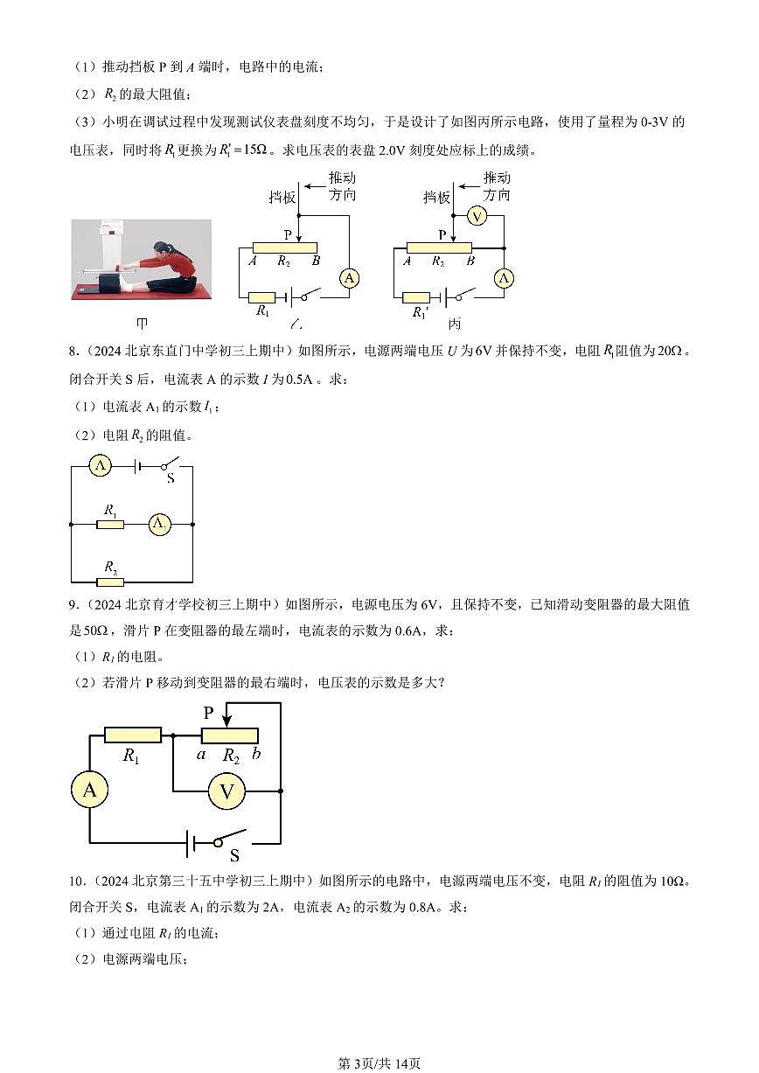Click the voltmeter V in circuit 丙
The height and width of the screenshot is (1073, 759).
pyautogui.click(x=476, y=216)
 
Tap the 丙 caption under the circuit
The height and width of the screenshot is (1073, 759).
pyautogui.click(x=454, y=323)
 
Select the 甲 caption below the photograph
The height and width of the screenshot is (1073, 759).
pyautogui.click(x=143, y=323)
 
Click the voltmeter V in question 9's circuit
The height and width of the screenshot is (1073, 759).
pyautogui.click(x=227, y=791)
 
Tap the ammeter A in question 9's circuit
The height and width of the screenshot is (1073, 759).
pyautogui.click(x=89, y=791)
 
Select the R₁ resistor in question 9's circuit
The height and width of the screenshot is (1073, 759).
pyautogui.click(x=132, y=735)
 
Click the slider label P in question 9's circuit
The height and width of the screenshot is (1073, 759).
pyautogui.click(x=208, y=713)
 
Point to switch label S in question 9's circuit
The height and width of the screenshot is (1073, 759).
pyautogui.click(x=234, y=855)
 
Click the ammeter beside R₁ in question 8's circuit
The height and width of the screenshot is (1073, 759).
pyautogui.click(x=159, y=524)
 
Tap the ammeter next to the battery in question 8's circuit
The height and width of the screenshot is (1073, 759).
pyautogui.click(x=101, y=466)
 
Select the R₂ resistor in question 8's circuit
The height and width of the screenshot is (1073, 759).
pyautogui.click(x=110, y=582)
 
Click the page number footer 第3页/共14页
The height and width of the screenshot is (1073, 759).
pyautogui.click(x=379, y=1063)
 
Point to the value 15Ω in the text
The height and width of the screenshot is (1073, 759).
pyautogui.click(x=247, y=150)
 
